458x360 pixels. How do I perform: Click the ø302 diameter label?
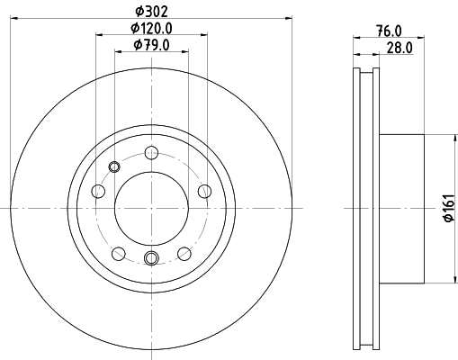[x=152, y=12]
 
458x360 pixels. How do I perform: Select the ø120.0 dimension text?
[x=152, y=29]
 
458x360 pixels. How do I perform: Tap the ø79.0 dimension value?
[x=152, y=46]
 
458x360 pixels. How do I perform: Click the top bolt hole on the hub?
[x=151, y=150]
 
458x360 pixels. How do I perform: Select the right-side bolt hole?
[x=204, y=190]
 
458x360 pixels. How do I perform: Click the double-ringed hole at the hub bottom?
[x=151, y=260]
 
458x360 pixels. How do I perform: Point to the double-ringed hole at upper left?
[x=113, y=166]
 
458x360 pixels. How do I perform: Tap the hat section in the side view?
[x=402, y=208]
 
